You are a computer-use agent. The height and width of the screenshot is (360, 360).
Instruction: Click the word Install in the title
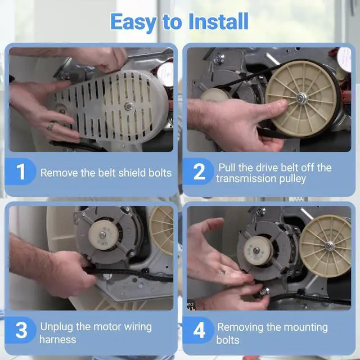coord(218,21)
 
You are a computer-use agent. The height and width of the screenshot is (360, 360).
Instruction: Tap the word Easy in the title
coord(134,22)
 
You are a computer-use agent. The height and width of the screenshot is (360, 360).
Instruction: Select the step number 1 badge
coord(20,172)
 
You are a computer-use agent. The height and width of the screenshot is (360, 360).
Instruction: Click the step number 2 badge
coord(199,172)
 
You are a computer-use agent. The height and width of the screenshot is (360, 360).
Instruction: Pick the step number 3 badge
coord(21,330)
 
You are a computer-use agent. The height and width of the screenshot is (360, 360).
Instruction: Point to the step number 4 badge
coord(199,330)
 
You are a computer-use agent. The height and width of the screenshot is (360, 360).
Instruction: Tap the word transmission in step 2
coord(246,178)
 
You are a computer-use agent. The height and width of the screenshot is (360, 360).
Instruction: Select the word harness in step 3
coord(57,339)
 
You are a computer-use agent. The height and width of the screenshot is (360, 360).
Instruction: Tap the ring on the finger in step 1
coord(51,125)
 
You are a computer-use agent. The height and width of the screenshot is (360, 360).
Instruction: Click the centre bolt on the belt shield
coord(128,106)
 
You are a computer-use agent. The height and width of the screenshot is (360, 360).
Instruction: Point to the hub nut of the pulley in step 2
coord(301,98)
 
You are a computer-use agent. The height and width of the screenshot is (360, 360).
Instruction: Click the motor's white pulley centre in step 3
coord(102,235)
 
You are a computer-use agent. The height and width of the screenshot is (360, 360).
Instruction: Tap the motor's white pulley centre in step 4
coord(256,250)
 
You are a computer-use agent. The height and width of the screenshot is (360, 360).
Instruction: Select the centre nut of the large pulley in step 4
coord(330,246)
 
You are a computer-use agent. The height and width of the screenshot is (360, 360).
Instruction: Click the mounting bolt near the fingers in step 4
coord(264,291)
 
